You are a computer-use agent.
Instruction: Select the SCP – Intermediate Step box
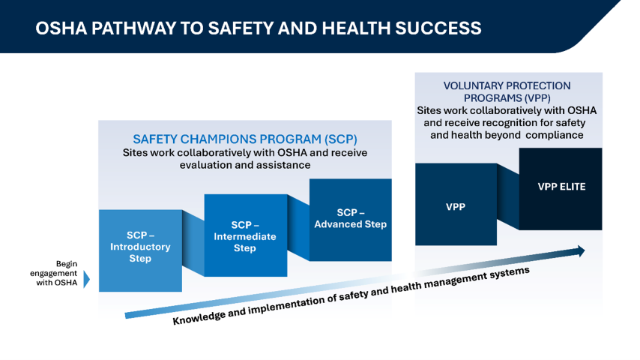245,235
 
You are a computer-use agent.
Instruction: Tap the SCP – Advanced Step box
350,219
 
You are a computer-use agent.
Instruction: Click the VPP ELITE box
561,187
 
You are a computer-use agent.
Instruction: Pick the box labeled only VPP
456,205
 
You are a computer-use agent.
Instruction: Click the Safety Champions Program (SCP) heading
244,139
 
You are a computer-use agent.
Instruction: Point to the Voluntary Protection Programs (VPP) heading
507,91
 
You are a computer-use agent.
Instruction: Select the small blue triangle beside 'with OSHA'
86,280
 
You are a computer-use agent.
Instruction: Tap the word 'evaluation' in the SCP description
202,165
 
